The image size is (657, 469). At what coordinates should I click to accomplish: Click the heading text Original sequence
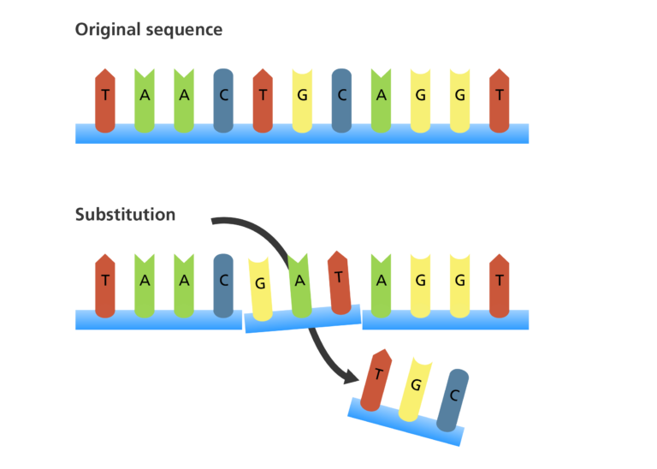(x=149, y=30)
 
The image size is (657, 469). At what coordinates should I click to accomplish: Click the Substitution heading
(x=125, y=215)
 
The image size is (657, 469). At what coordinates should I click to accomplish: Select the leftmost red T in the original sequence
(x=104, y=100)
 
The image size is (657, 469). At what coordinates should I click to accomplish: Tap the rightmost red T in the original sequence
(x=499, y=100)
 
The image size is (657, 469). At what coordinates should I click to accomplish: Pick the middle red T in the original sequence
(x=263, y=100)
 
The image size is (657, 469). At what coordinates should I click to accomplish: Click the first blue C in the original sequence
(x=223, y=100)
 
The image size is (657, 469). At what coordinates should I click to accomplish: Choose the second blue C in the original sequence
(x=341, y=100)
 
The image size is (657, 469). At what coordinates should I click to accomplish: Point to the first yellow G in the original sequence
(x=302, y=100)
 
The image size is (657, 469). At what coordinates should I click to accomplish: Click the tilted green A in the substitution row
(x=299, y=283)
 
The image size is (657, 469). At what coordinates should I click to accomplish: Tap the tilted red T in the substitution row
(x=339, y=281)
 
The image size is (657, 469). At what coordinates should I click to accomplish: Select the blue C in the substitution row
(x=223, y=285)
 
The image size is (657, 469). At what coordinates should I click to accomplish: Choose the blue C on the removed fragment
(x=453, y=399)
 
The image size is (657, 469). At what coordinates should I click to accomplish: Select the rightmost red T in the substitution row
(x=499, y=285)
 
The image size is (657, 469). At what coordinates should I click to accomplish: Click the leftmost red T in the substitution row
(x=104, y=285)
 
